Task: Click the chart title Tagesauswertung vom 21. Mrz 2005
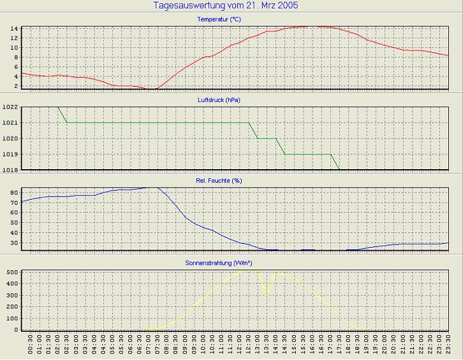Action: tap(226, 6)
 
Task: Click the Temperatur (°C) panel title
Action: tap(219, 20)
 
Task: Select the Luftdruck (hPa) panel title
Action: tap(219, 100)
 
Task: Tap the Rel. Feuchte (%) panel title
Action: tap(219, 181)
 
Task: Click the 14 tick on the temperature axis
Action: tap(13, 29)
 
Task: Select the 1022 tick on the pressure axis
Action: tap(10, 107)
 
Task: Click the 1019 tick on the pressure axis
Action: tap(10, 154)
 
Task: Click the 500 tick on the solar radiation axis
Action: tap(11, 273)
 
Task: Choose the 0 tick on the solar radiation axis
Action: tap(15, 330)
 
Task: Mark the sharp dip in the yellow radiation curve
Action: tap(267, 294)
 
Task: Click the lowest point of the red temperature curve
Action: tap(151, 89)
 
